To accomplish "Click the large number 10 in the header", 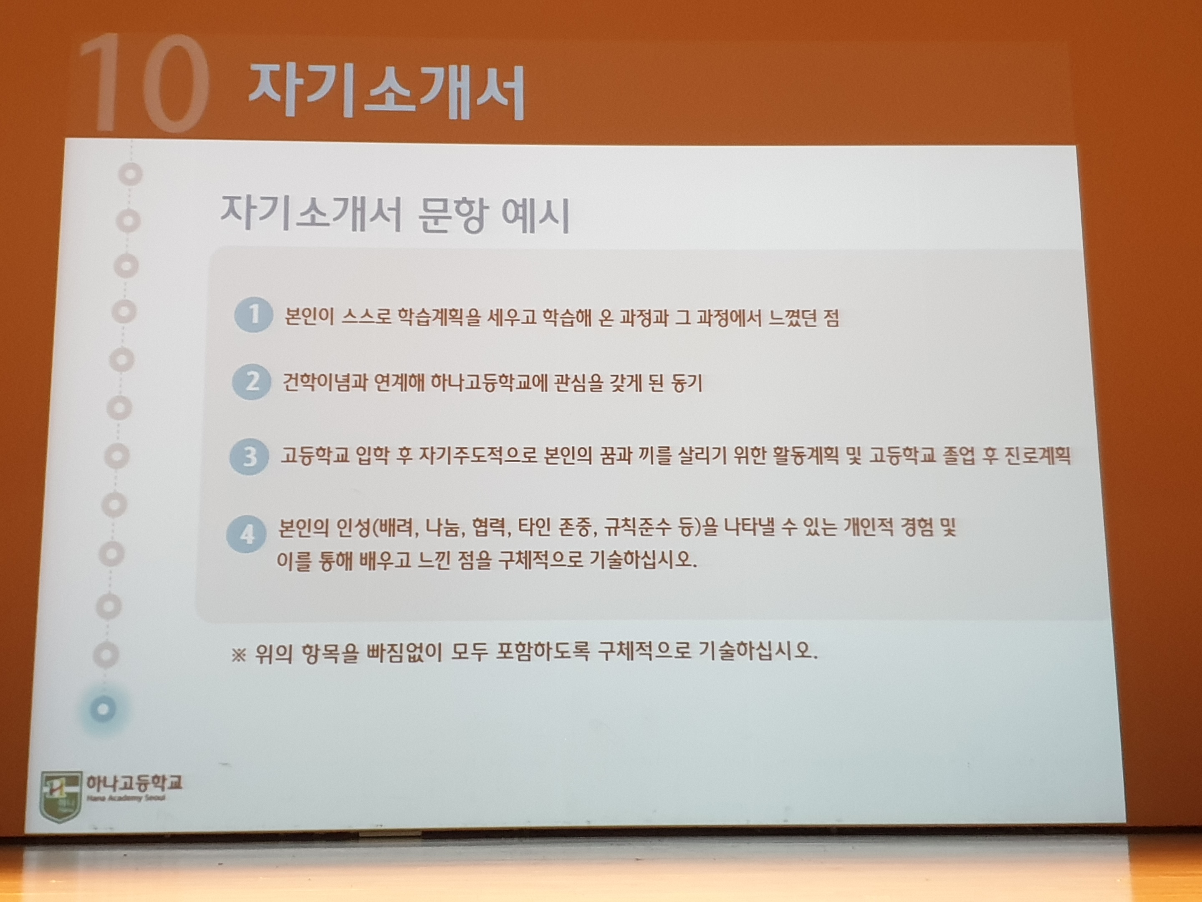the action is pos(144,83).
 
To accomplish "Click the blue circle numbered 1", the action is pos(253,315).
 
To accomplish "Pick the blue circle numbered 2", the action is pos(252,382).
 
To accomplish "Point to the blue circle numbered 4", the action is pos(246,535).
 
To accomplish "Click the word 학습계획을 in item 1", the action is pos(439,317).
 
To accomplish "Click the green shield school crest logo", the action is pos(61,796).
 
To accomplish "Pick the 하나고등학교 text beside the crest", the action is pos(134,783).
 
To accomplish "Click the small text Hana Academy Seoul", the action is pos(126,798).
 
